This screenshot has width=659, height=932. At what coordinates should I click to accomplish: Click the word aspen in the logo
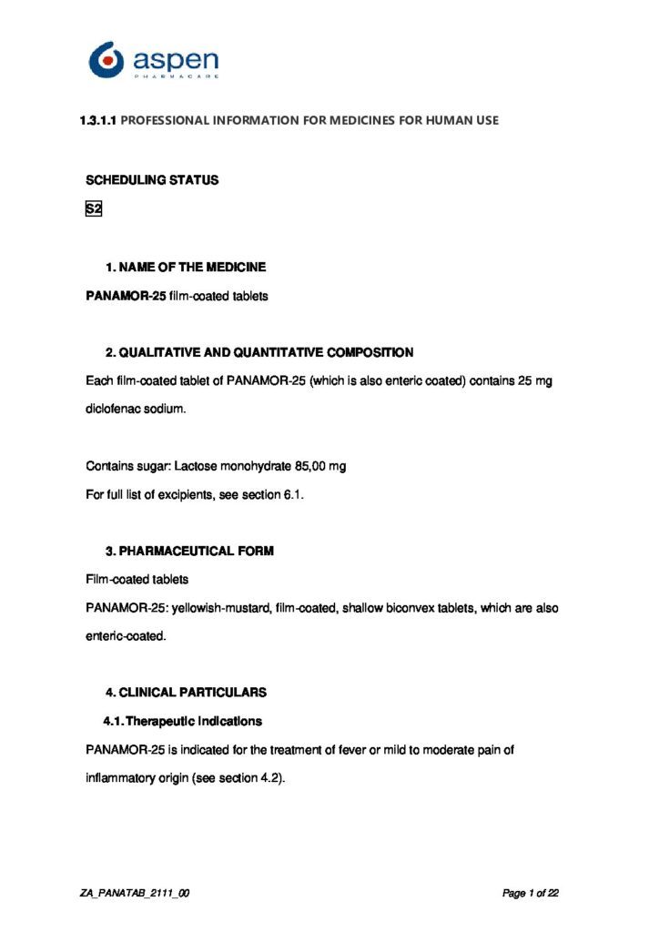click(x=176, y=60)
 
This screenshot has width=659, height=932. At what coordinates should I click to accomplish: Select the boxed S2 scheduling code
click(x=93, y=209)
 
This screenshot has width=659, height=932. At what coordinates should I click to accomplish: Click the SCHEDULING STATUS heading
click(x=152, y=180)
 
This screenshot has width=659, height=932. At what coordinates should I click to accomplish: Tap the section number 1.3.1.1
click(x=99, y=120)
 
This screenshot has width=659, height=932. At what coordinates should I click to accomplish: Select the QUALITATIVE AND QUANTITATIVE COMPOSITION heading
click(x=266, y=352)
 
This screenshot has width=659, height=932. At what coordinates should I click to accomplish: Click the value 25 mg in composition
click(x=535, y=381)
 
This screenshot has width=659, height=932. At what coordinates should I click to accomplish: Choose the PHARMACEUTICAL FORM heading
click(x=196, y=552)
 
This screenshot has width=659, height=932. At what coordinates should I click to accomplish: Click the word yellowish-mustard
click(x=221, y=608)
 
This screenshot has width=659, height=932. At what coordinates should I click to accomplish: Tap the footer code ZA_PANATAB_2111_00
click(x=135, y=894)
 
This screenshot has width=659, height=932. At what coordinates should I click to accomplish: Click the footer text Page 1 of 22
click(x=530, y=894)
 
